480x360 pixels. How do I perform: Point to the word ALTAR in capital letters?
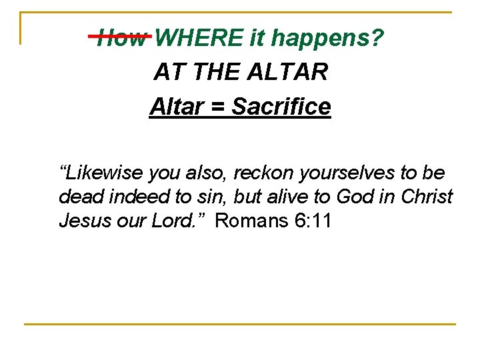[291, 72]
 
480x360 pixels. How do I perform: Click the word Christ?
[427, 197]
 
